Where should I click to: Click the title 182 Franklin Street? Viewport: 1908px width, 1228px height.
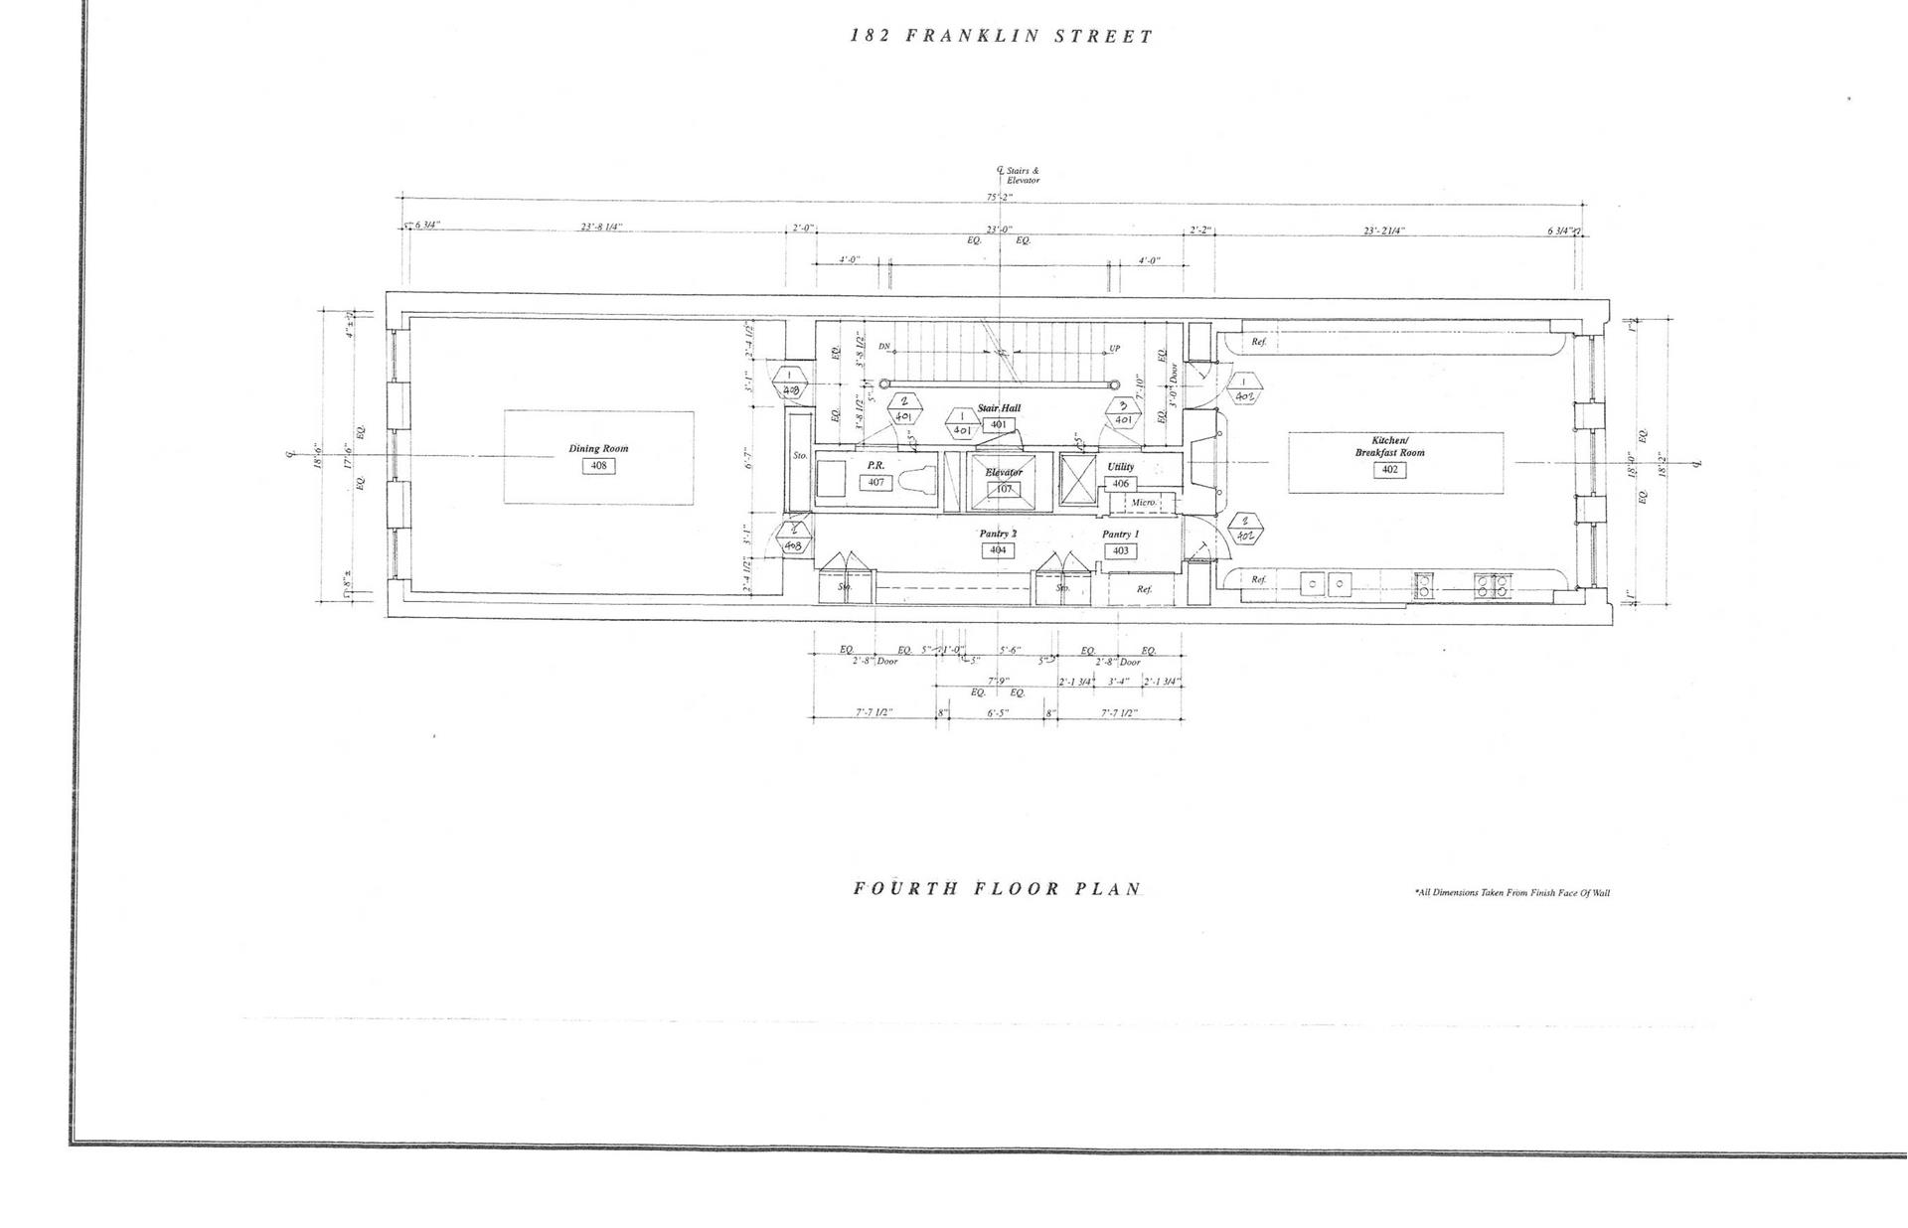coord(1002,37)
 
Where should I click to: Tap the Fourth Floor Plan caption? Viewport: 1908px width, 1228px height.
coord(997,888)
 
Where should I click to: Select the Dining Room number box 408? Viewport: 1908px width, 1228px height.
coord(598,465)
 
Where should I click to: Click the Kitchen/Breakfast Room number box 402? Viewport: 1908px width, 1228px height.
coord(1389,469)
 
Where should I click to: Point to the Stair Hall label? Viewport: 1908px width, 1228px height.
coord(999,408)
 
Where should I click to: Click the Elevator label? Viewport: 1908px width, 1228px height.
coord(1004,472)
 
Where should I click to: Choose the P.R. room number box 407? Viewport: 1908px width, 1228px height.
coord(875,482)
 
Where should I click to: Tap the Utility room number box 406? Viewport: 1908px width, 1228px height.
coord(1120,484)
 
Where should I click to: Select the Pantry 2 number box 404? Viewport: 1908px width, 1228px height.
coord(998,549)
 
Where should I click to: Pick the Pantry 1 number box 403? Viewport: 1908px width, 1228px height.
coord(1120,550)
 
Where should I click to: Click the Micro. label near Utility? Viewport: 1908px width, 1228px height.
coord(1144,503)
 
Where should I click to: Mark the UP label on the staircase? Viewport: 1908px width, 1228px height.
coord(1114,349)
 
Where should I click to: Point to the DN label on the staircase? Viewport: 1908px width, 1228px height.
coord(884,347)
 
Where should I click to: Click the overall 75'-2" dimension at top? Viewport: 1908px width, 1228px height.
coord(999,197)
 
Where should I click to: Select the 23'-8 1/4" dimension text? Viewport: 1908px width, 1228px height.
coord(601,228)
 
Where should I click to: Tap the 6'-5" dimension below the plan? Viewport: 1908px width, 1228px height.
coord(998,712)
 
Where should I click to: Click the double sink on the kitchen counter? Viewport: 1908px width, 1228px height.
coord(1326,584)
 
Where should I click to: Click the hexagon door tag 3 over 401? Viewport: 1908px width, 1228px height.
coord(1123,412)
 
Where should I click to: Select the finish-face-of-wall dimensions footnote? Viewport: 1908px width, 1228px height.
coord(1511,892)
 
